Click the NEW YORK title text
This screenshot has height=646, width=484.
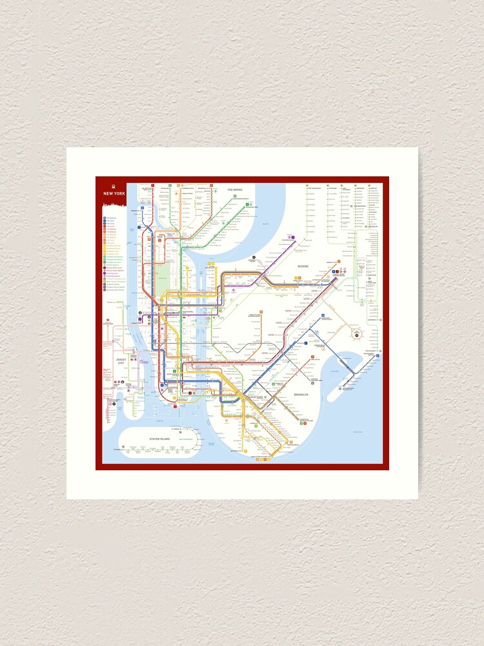115,194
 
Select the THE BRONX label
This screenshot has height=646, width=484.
234,190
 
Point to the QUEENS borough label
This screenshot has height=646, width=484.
303,266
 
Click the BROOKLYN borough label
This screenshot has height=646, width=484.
301,394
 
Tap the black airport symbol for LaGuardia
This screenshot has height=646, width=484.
254,257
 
